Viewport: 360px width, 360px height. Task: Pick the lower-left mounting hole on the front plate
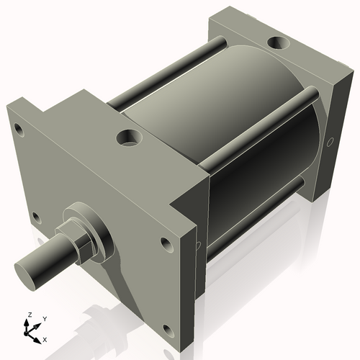[34, 217]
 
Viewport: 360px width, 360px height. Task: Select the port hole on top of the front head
[130, 136]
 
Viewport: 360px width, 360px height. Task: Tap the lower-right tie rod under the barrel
[252, 223]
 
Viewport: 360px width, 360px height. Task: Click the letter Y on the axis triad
[44, 318]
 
